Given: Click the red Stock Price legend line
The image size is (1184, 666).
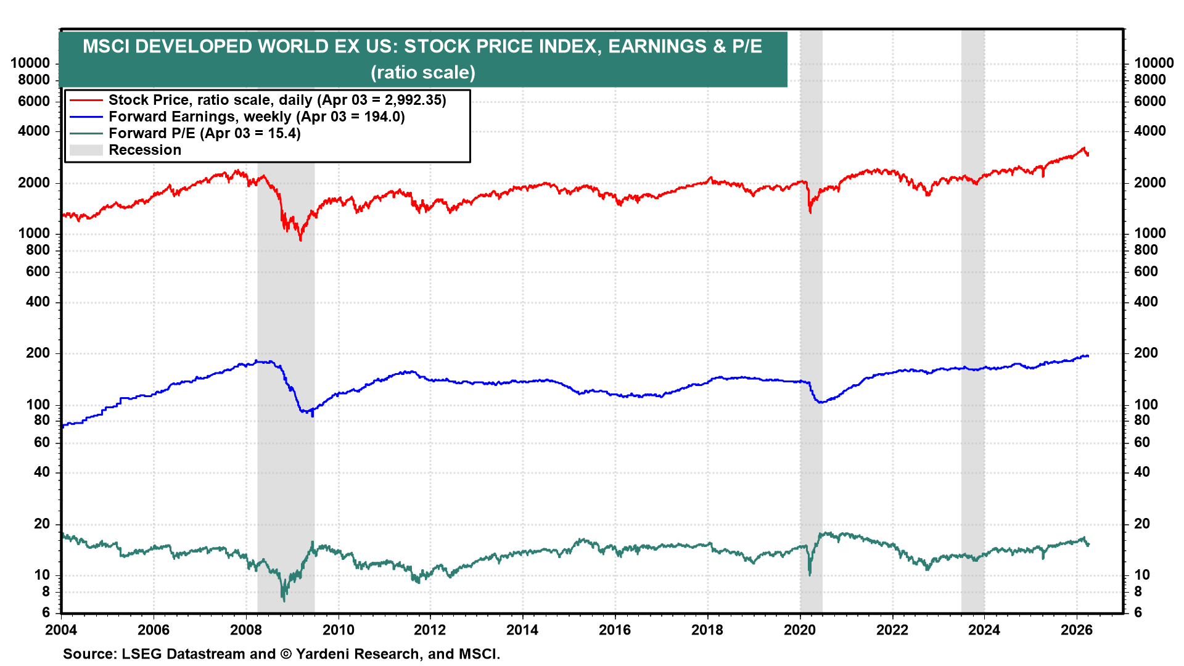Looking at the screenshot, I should pyautogui.click(x=86, y=100).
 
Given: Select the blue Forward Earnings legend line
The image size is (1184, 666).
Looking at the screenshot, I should pyautogui.click(x=86, y=117).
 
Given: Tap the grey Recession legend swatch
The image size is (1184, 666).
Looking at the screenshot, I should pyautogui.click(x=86, y=150).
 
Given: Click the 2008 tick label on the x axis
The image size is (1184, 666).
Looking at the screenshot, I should pyautogui.click(x=245, y=630).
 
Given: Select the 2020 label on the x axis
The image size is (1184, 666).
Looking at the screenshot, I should pyautogui.click(x=800, y=630).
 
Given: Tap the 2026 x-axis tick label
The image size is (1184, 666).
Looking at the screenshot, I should pyautogui.click(x=1077, y=630).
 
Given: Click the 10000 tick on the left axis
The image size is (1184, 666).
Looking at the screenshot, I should pyautogui.click(x=30, y=64).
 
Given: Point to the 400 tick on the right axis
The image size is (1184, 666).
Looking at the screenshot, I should pyautogui.click(x=1146, y=302).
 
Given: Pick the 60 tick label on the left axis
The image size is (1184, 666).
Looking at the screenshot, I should pyautogui.click(x=42, y=442).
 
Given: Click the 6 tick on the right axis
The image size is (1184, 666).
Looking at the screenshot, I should pyautogui.click(x=1138, y=612).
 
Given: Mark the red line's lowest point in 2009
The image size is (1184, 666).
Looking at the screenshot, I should pyautogui.click(x=300, y=240).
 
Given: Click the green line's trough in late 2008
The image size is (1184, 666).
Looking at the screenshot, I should pyautogui.click(x=284, y=601).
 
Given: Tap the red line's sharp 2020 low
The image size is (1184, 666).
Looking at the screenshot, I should pyautogui.click(x=810, y=213).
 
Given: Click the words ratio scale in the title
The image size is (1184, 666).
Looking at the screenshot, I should pyautogui.click(x=423, y=73).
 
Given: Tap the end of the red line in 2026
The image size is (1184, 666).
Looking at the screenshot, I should pyautogui.click(x=1088, y=154).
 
